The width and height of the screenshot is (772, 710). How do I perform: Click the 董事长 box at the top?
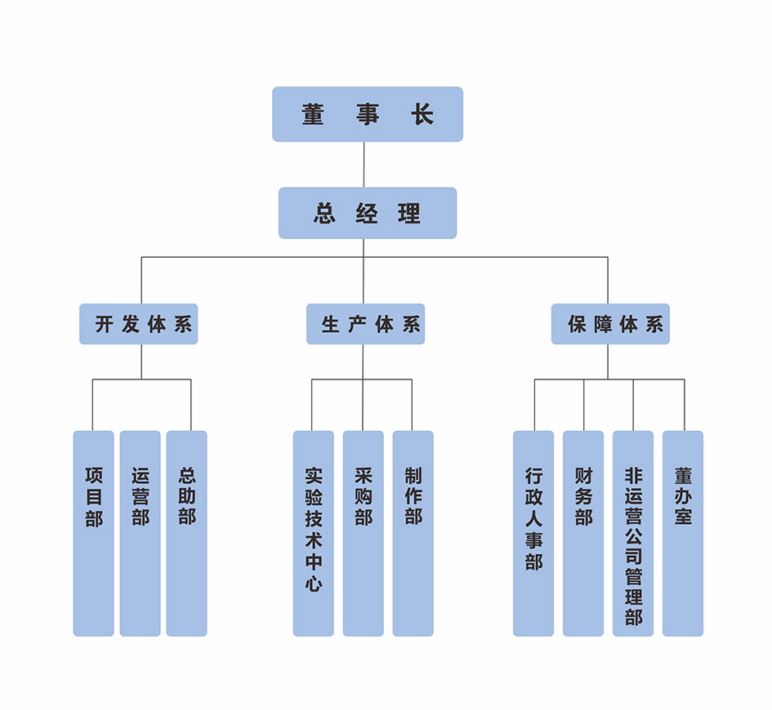[368, 114]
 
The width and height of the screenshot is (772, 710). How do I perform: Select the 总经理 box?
[368, 213]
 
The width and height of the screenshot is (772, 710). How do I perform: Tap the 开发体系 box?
[139, 324]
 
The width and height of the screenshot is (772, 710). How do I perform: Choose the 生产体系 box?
[366, 324]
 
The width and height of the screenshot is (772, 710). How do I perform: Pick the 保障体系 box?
[610, 324]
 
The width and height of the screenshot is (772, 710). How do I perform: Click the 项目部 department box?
[94, 533]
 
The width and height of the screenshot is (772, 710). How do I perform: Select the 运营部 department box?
[141, 533]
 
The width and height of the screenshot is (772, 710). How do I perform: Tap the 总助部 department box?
[187, 533]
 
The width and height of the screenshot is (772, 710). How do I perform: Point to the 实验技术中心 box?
[314, 533]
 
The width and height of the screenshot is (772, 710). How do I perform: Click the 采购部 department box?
[364, 533]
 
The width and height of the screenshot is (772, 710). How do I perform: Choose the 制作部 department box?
[413, 533]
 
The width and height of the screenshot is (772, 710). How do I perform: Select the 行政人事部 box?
[533, 533]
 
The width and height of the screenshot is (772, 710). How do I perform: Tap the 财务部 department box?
[583, 533]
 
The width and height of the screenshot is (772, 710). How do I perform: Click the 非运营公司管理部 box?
[633, 533]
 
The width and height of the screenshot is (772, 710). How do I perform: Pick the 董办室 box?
[683, 533]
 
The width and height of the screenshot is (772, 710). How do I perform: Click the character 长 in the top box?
[422, 114]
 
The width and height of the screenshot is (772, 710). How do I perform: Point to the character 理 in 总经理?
[409, 214]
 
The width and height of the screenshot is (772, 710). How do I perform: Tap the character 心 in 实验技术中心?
[314, 584]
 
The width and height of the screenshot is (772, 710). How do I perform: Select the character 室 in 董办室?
[683, 517]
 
